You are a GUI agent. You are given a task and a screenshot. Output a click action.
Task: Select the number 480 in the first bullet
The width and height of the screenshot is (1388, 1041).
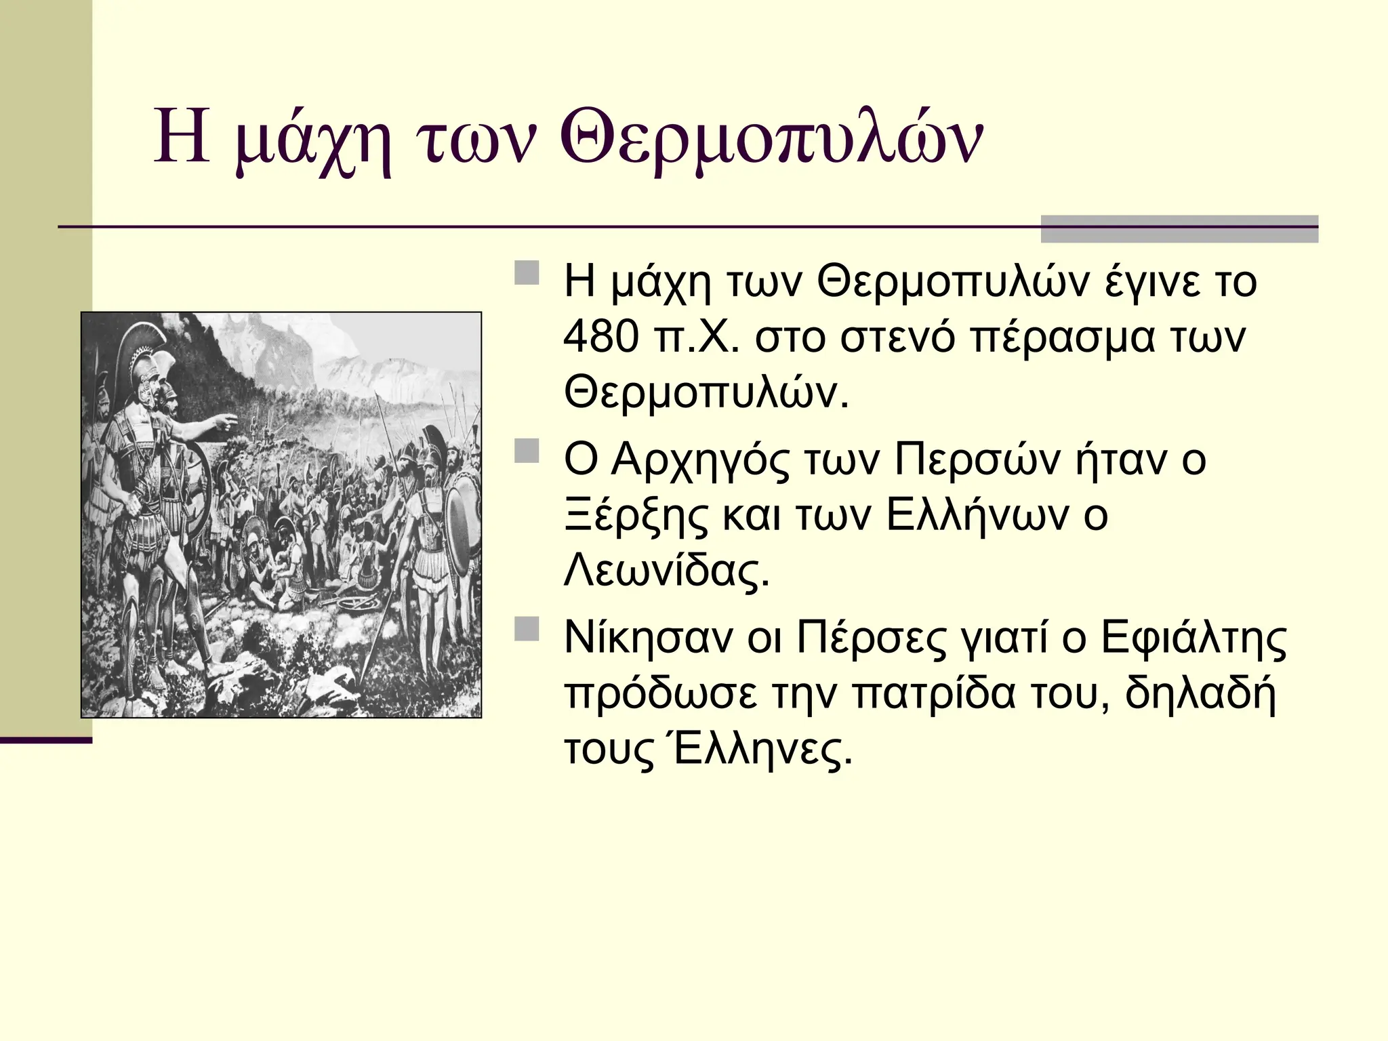tap(600, 337)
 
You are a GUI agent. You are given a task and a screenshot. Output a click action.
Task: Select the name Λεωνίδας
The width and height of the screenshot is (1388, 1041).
tap(667, 571)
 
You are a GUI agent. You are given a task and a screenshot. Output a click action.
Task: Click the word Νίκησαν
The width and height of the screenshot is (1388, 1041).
tap(648, 638)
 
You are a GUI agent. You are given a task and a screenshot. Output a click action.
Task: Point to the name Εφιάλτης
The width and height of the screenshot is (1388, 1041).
tap(1193, 638)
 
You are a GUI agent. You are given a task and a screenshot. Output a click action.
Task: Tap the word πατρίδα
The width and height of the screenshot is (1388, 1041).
tap(933, 694)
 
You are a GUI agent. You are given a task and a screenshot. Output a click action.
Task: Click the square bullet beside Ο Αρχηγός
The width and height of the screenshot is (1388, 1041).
tap(527, 451)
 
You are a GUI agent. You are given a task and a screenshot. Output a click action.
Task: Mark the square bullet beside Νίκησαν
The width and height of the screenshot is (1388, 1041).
tap(527, 629)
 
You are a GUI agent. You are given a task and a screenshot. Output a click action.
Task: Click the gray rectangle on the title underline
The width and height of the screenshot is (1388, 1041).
tap(1179, 229)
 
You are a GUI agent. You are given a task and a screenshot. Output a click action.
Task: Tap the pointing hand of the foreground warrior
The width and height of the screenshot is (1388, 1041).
tap(228, 423)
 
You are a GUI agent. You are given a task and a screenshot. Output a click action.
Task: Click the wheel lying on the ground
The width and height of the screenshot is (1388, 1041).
tap(353, 600)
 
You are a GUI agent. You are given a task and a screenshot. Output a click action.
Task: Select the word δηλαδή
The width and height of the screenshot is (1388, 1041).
tap(1200, 694)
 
